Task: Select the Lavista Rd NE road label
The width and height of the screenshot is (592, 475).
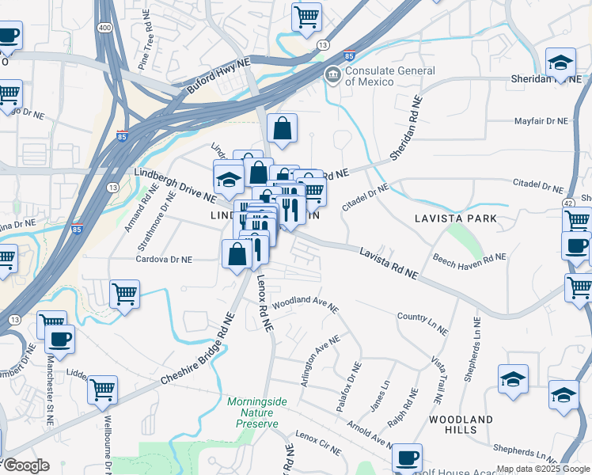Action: pyautogui.click(x=388, y=263)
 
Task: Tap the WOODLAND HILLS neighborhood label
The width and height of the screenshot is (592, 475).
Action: pyautogui.click(x=461, y=424)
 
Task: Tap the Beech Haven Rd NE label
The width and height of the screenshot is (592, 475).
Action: pyautogui.click(x=469, y=257)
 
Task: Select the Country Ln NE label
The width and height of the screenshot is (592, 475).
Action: pyautogui.click(x=423, y=317)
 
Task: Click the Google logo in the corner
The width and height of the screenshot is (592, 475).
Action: pyautogui.click(x=26, y=465)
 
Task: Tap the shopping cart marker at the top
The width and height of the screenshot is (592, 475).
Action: pyautogui.click(x=306, y=16)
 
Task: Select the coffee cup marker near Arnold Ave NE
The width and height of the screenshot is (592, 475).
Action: pyautogui.click(x=407, y=457)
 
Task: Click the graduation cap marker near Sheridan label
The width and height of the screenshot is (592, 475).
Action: pyautogui.click(x=560, y=62)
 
